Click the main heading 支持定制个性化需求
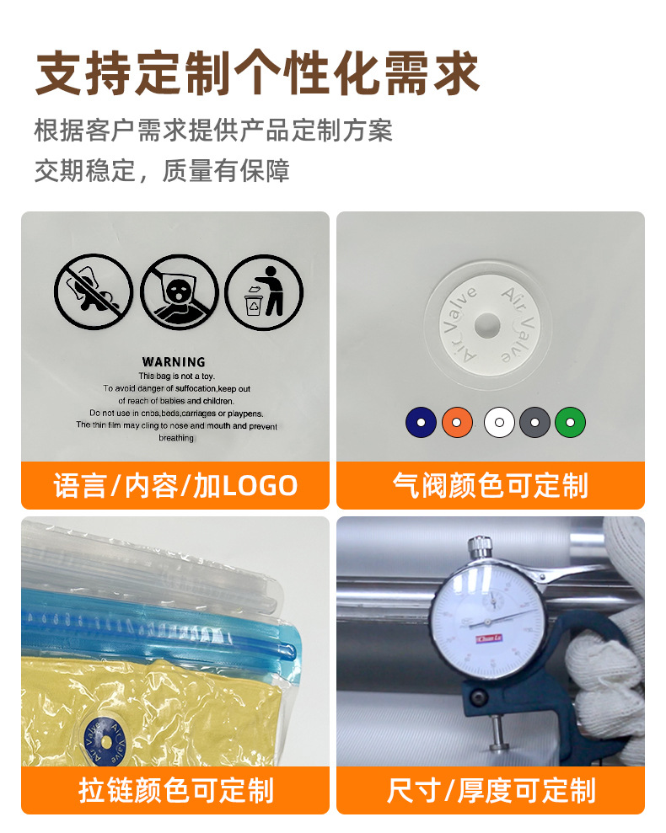257,74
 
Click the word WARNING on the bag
174,361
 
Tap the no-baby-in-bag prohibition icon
94,292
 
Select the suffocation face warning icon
179,292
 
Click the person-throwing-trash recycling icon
264,292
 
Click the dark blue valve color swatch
421,421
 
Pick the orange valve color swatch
457,421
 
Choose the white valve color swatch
499,421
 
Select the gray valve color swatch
534,421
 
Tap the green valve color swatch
570,421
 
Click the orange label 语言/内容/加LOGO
175,486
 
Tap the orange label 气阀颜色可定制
491,486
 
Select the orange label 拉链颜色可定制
175,790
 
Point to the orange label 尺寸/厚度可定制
491,790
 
